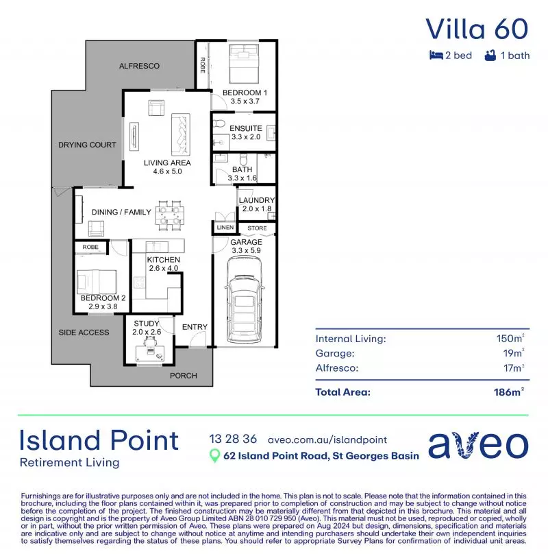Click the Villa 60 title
pos(477,29)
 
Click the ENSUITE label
pos(245,128)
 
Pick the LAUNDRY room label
pos(257,200)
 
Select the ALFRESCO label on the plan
pos(139,66)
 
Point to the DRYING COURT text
pos(87,145)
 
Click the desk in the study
pos(150,351)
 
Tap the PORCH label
pos(183,376)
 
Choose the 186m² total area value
pos(510,392)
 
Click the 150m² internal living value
pos(510,339)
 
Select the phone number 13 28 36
pos(233,439)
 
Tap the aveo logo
pos(478,446)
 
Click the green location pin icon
pos(214,456)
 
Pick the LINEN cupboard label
pos(225,228)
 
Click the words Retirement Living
pos(69,462)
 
